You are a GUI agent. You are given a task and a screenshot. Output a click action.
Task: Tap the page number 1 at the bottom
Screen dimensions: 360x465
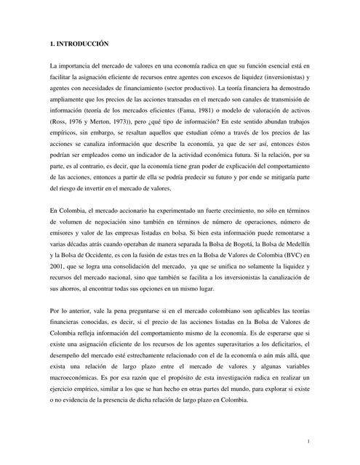308,441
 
